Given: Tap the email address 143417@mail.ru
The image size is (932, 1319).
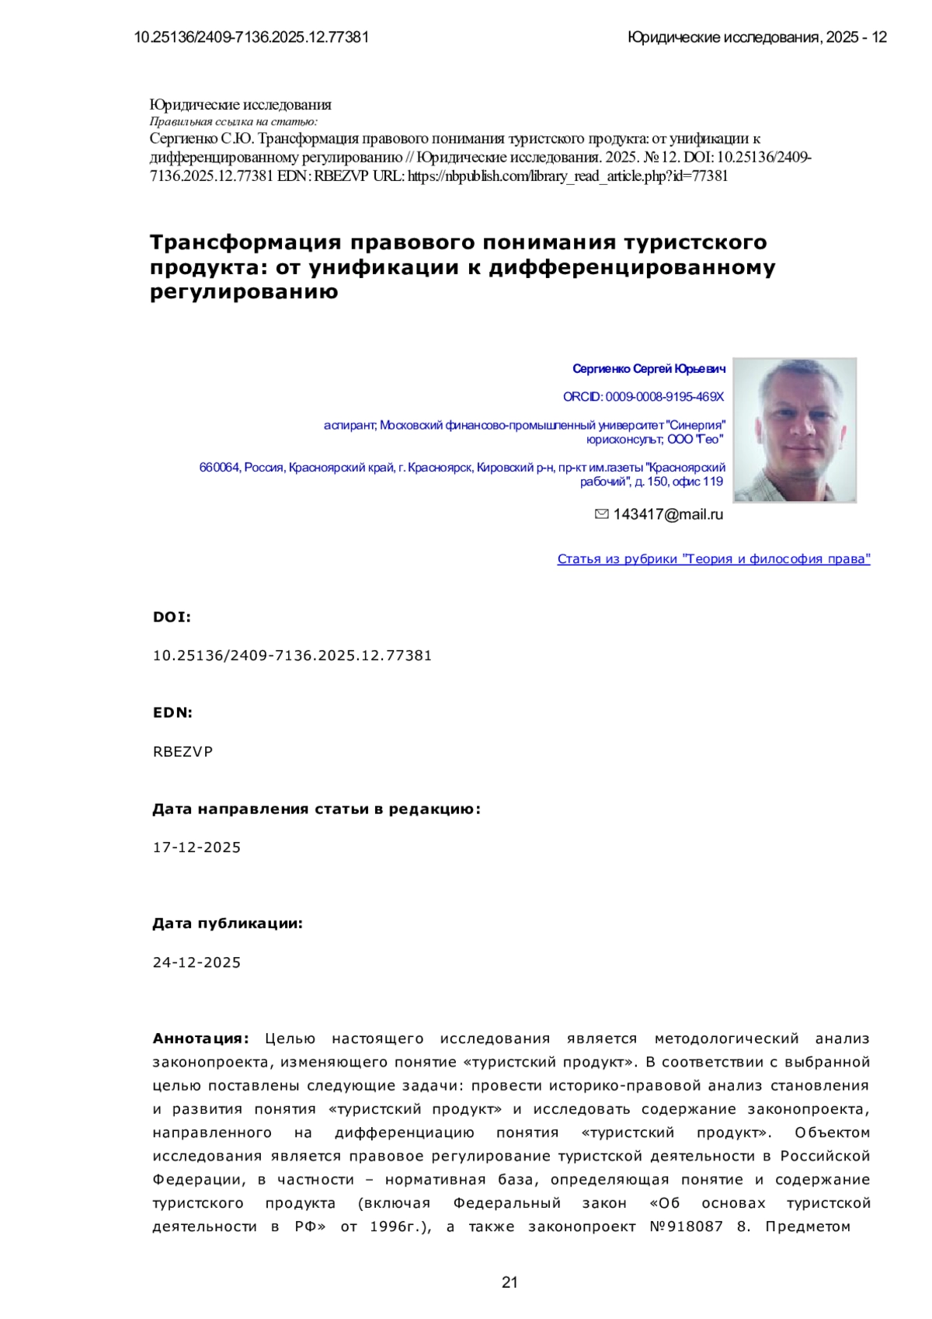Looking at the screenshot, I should click(668, 514).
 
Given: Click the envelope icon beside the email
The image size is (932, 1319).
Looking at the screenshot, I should click(601, 514).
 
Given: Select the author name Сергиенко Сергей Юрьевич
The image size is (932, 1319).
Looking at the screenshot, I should click(649, 368).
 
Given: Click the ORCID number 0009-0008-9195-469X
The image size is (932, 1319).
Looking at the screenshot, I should click(664, 397).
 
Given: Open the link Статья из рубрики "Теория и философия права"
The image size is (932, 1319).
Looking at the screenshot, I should click(713, 559).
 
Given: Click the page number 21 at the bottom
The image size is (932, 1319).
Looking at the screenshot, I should click(509, 1282).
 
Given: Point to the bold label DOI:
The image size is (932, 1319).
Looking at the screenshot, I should click(172, 618).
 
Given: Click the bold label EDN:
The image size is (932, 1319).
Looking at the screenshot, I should click(172, 712).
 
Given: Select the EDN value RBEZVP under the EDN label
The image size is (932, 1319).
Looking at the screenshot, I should click(183, 752).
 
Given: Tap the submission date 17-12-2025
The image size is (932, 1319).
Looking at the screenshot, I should click(196, 847).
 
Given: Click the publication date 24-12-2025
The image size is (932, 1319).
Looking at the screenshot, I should click(196, 962).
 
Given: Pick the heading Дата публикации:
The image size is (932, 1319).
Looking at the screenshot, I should click(227, 924).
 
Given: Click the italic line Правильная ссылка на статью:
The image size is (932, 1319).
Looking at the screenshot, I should click(233, 121).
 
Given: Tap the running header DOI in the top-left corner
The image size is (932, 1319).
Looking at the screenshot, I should click(252, 37).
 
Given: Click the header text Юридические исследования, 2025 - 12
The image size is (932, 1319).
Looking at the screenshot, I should click(756, 37).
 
